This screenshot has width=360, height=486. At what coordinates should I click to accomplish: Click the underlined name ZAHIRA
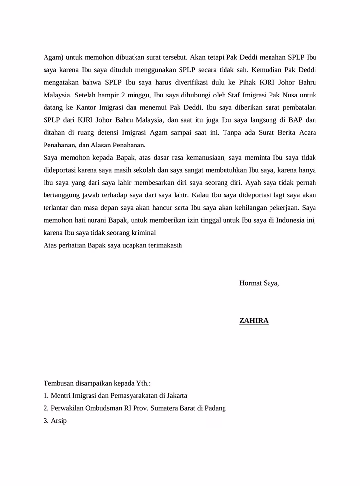tap(254, 321)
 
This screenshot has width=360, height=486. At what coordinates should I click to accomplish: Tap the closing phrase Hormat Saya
tap(259, 283)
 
